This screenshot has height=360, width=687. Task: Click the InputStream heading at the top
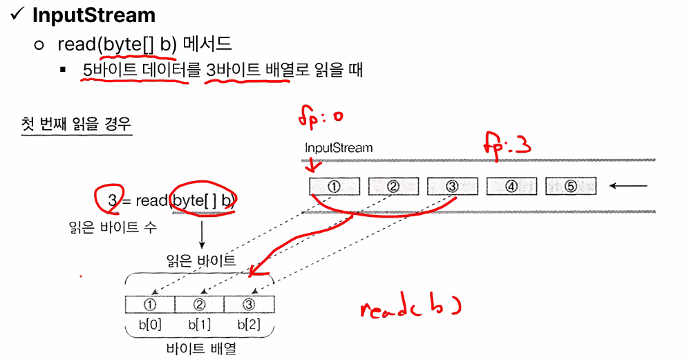tap(94, 15)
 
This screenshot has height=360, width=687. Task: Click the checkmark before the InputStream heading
tap(17, 15)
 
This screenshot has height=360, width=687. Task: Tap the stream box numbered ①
tap(335, 186)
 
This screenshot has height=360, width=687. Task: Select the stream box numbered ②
tap(393, 186)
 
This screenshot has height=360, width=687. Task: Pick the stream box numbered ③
tap(453, 186)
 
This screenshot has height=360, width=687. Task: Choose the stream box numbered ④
tap(512, 186)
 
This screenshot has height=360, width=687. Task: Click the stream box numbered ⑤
tap(571, 186)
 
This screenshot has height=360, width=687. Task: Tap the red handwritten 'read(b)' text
tap(409, 307)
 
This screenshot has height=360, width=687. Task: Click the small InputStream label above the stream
tap(339, 148)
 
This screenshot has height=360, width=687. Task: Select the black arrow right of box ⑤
tap(629, 186)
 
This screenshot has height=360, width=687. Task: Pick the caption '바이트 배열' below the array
tap(200, 348)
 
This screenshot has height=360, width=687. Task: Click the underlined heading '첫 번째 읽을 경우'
tap(77, 124)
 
